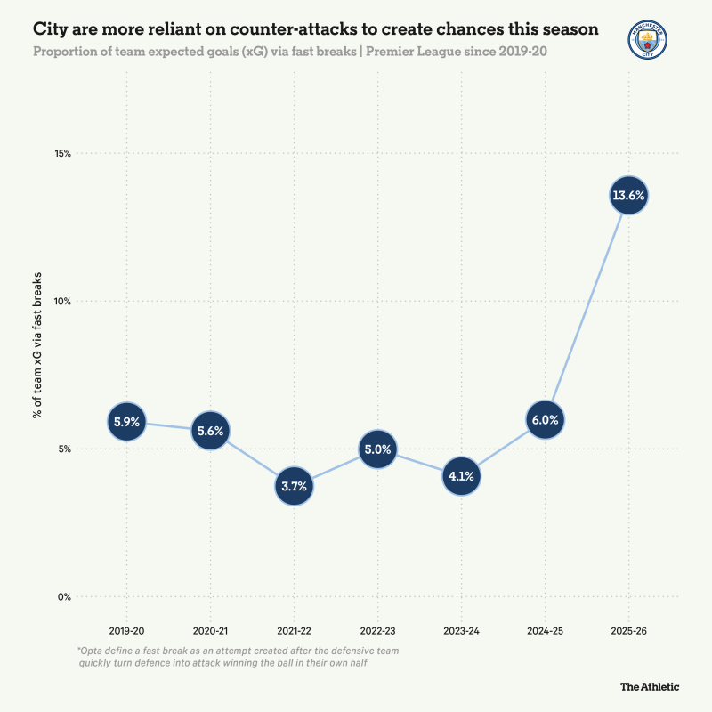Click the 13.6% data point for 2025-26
coord(628,195)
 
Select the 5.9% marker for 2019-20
coord(126,422)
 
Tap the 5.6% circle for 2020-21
coord(210,431)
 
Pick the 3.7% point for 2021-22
coord(294,487)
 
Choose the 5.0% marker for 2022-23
coord(377,449)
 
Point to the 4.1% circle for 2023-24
coord(461,475)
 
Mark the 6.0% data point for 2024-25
coord(545,419)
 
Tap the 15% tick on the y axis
coord(62,153)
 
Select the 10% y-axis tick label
coord(62,301)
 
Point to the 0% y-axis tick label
coord(64,596)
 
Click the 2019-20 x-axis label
coord(126,630)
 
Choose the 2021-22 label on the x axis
coord(294,630)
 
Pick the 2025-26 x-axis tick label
coord(628,630)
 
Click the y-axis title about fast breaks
coord(38,374)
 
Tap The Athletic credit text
coord(650,686)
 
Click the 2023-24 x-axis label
coord(461,630)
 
